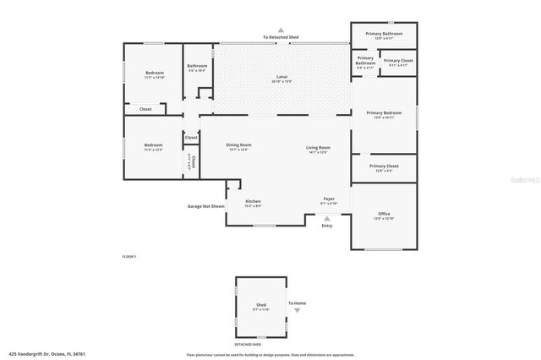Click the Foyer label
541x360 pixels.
(x=329, y=200)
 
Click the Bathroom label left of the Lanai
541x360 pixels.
(x=197, y=68)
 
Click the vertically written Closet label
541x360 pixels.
(x=193, y=161)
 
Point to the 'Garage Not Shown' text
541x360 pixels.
(x=206, y=206)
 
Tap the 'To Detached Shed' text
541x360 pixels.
(x=281, y=38)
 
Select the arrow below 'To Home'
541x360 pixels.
(x=297, y=311)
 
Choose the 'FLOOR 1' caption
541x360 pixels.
(x=129, y=256)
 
